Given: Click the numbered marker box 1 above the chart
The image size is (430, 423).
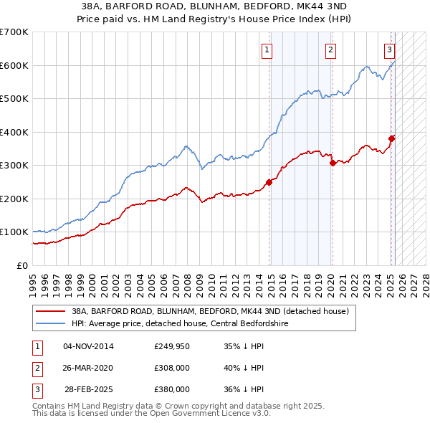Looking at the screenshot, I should click(x=267, y=50).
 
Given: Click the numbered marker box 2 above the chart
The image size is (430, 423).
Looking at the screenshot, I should click(x=330, y=50).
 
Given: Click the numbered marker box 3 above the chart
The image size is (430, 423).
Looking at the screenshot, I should click(x=389, y=50).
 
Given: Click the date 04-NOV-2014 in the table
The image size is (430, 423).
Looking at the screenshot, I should click(x=89, y=346).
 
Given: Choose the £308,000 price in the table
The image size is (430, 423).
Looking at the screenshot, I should click(x=172, y=368).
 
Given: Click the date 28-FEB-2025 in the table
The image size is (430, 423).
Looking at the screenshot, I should click(x=89, y=389).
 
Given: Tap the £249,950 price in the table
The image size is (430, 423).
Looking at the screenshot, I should click(x=172, y=346).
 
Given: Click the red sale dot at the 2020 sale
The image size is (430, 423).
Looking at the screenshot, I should click(x=333, y=163).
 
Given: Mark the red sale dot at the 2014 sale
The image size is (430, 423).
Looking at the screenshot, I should click(x=269, y=182).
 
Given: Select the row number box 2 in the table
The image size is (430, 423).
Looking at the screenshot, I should click(x=36, y=368).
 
